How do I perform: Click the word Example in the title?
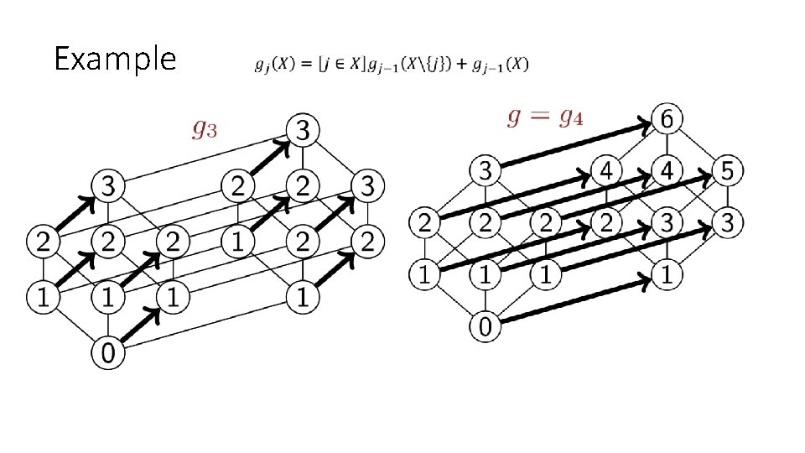(x=115, y=60)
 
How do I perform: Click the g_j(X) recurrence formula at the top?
(x=391, y=65)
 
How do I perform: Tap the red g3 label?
(x=208, y=128)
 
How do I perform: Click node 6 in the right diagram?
(x=667, y=120)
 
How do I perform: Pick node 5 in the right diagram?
(x=727, y=172)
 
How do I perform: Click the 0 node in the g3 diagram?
(x=109, y=352)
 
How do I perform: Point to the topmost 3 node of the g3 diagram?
(x=304, y=130)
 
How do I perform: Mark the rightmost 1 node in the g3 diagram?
(x=304, y=295)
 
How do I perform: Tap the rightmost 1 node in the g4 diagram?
(x=667, y=274)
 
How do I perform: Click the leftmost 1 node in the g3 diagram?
(x=43, y=295)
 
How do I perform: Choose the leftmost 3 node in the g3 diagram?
(x=109, y=184)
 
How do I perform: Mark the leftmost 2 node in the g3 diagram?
(x=43, y=243)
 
